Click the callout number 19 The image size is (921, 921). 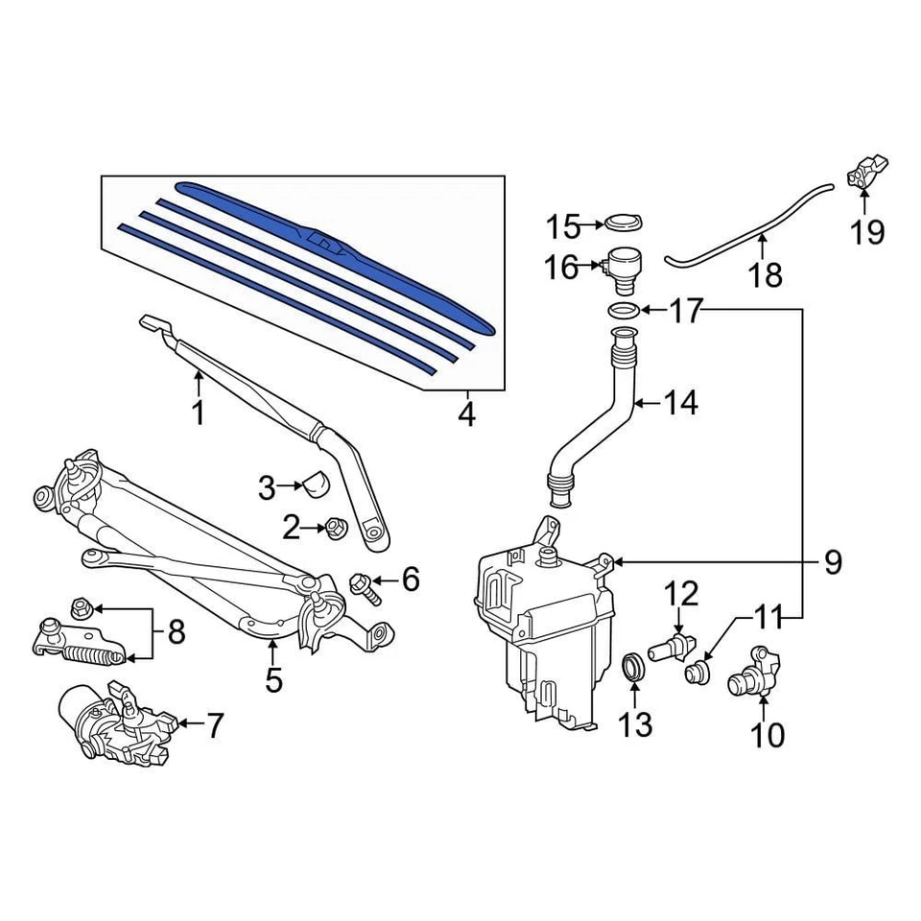867,232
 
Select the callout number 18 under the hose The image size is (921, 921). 766,275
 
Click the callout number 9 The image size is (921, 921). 832,561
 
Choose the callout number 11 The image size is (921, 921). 767,618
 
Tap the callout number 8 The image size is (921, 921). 176,632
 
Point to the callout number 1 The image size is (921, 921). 198,414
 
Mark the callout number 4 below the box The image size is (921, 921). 466,415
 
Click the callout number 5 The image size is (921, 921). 273,680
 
